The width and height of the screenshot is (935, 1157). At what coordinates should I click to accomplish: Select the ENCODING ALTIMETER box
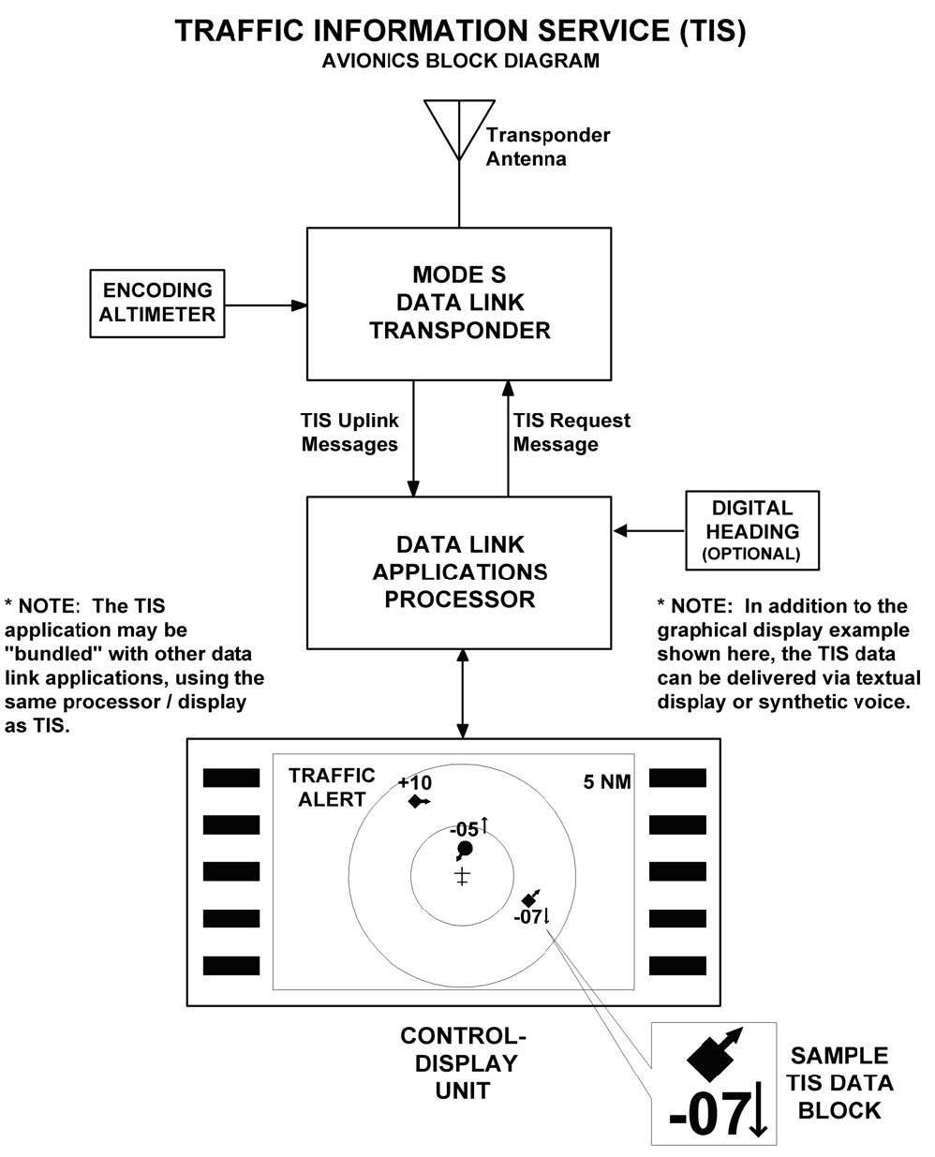(x=157, y=303)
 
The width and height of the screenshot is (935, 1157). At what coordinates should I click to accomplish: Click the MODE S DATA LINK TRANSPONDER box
(x=459, y=303)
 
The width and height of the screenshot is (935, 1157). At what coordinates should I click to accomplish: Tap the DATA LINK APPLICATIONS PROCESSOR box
(x=459, y=571)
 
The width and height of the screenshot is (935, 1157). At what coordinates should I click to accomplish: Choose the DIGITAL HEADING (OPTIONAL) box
(x=752, y=530)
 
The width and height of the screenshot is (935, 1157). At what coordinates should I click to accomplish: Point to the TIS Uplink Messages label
(x=349, y=432)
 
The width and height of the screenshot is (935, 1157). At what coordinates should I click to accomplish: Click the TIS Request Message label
(x=571, y=432)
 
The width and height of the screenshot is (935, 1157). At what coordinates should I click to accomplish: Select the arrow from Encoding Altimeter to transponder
(x=266, y=304)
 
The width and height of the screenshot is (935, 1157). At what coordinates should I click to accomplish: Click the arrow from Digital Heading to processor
(x=649, y=531)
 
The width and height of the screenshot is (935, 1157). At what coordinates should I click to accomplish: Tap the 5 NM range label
(x=607, y=781)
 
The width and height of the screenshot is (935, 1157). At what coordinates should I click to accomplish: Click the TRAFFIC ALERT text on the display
(x=331, y=787)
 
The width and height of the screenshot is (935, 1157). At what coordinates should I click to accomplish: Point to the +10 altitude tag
(x=414, y=782)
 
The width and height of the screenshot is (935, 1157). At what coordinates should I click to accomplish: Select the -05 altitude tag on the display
(x=465, y=829)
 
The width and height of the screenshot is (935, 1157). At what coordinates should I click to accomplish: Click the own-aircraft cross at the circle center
(x=462, y=877)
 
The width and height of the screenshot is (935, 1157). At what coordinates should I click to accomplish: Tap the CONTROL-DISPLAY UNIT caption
(x=463, y=1063)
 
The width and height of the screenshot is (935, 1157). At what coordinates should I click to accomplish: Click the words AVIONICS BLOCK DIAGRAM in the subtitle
(x=460, y=62)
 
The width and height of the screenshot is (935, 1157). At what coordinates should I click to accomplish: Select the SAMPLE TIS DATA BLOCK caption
(x=839, y=1082)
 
